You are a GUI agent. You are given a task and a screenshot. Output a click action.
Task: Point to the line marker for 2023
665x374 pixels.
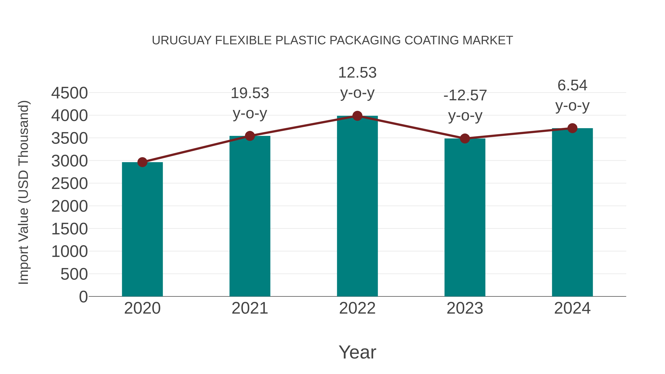point(465,139)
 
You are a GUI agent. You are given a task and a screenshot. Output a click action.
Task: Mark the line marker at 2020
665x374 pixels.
point(142,162)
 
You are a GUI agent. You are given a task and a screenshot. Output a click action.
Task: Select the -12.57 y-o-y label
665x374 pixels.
point(465,106)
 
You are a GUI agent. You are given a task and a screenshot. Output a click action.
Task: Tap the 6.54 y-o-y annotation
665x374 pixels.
point(572,95)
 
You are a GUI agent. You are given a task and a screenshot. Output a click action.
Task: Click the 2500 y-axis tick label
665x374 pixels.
point(69,184)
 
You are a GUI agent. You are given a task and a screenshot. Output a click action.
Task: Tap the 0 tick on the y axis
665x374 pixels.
point(83,297)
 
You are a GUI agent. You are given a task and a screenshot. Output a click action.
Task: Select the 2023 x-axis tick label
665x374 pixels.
point(465,308)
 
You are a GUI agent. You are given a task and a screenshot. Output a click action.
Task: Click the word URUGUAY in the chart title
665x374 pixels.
point(182,40)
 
